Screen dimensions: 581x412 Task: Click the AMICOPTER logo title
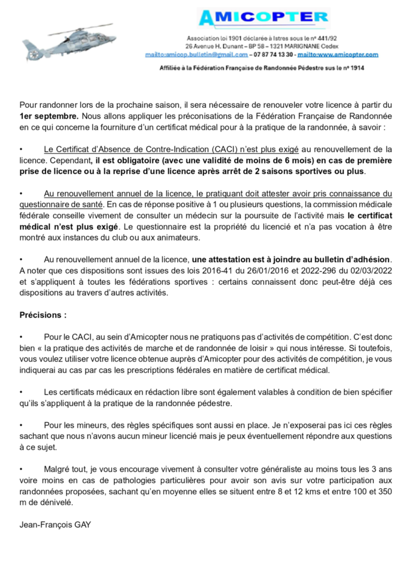coord(263,18)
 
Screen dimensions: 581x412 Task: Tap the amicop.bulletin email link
coord(197,55)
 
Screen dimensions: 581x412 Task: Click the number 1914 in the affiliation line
coord(356,68)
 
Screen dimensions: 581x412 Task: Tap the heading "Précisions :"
coord(43,314)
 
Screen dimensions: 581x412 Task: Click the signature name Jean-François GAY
coord(56,525)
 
